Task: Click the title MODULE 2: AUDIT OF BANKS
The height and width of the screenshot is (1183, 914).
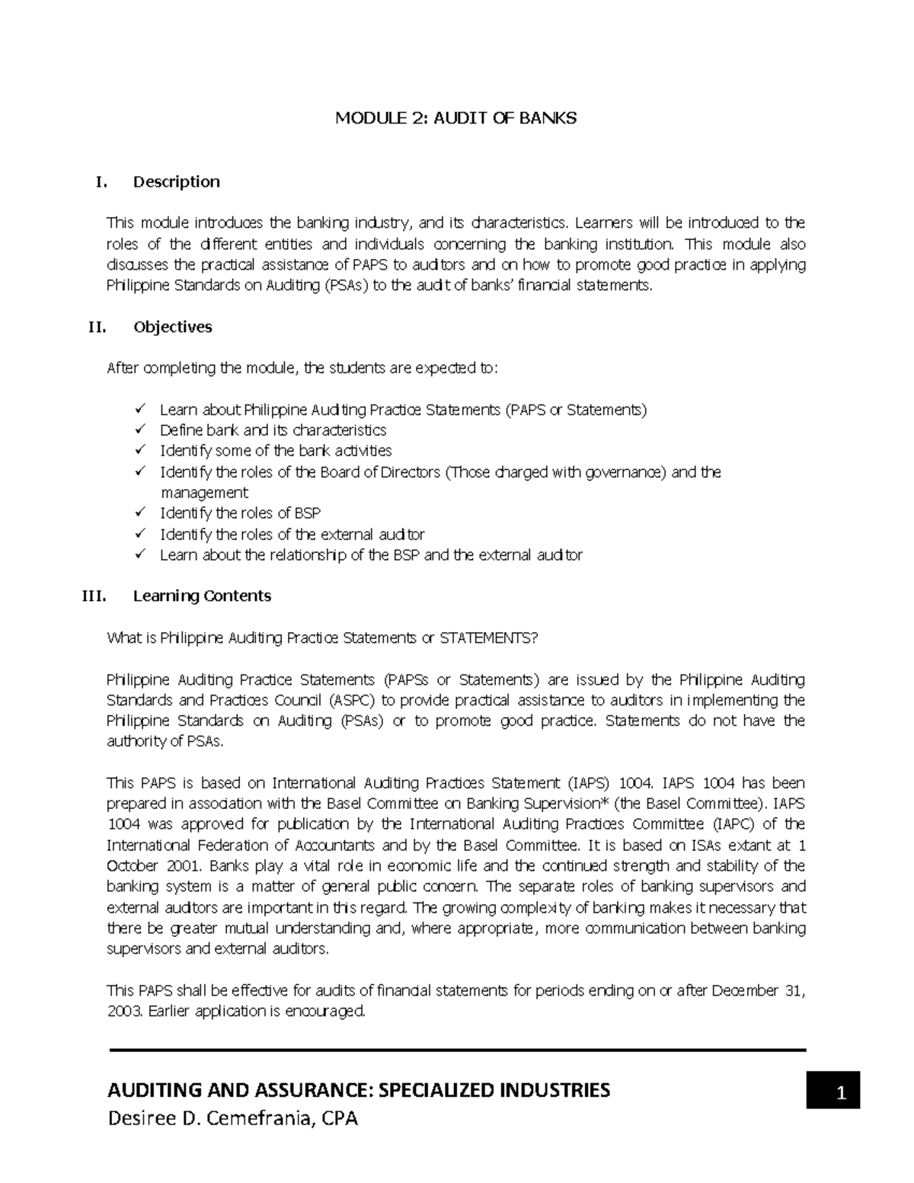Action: [457, 118]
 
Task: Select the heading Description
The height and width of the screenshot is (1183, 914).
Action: [176, 181]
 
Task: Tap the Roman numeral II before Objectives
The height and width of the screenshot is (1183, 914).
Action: [97, 328]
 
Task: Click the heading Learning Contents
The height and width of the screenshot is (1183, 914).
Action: [202, 596]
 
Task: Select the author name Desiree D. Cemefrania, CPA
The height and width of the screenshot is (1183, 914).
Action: [232, 1119]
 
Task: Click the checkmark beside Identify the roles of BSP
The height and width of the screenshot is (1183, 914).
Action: [139, 513]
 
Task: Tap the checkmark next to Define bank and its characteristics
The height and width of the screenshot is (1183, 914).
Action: [139, 430]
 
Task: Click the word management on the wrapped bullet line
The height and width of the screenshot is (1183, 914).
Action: [204, 493]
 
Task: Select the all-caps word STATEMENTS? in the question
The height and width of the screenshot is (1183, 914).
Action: [488, 638]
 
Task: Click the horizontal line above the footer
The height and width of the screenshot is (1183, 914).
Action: [457, 1050]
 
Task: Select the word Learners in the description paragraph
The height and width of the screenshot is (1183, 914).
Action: [605, 223]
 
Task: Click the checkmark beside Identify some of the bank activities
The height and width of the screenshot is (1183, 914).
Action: [139, 450]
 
